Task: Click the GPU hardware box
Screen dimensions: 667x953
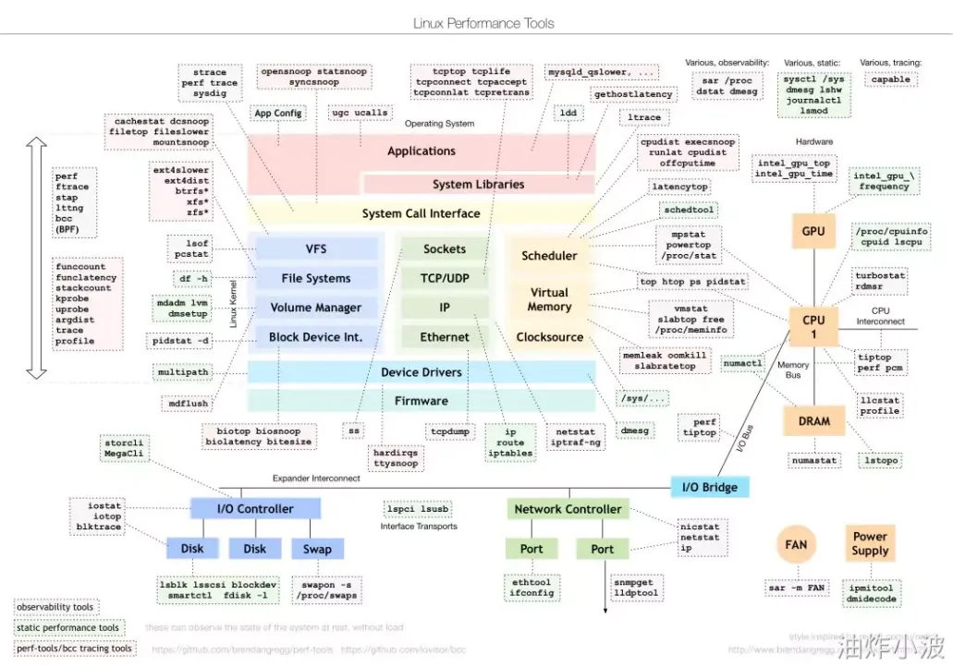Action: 813,231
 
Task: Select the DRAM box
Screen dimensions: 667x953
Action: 813,421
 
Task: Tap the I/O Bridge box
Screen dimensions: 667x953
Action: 709,487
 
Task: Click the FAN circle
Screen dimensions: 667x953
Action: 796,544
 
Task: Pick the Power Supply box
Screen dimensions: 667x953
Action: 870,543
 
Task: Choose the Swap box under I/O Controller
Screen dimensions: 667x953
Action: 317,549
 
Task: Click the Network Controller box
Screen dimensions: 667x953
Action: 568,509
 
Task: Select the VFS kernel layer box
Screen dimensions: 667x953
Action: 316,249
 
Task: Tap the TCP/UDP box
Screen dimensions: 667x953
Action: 445,278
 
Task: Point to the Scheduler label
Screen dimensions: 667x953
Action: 549,256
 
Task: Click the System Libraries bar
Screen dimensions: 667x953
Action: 478,184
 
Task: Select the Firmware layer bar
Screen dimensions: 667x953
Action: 422,401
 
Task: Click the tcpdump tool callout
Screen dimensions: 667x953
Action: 451,431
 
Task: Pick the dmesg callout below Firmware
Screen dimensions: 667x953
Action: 634,431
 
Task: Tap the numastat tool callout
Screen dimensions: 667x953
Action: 814,459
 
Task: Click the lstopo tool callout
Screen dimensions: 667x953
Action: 880,459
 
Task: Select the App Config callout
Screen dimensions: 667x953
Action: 277,114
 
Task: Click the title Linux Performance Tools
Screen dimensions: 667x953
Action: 483,22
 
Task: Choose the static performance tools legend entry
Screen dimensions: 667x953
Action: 67,628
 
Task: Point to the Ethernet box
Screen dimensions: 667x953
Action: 445,337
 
